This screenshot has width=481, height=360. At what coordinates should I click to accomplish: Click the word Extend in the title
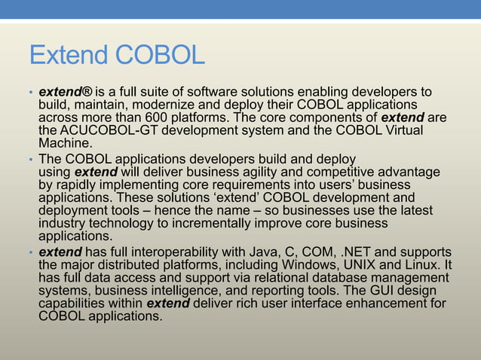[x=68, y=55]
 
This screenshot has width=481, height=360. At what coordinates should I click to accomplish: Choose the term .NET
[x=366, y=252]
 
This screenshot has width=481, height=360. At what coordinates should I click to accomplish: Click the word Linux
[x=421, y=264]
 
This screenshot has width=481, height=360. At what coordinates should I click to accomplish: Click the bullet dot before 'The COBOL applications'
[x=31, y=160]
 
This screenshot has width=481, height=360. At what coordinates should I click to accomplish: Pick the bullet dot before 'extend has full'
[x=31, y=252]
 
